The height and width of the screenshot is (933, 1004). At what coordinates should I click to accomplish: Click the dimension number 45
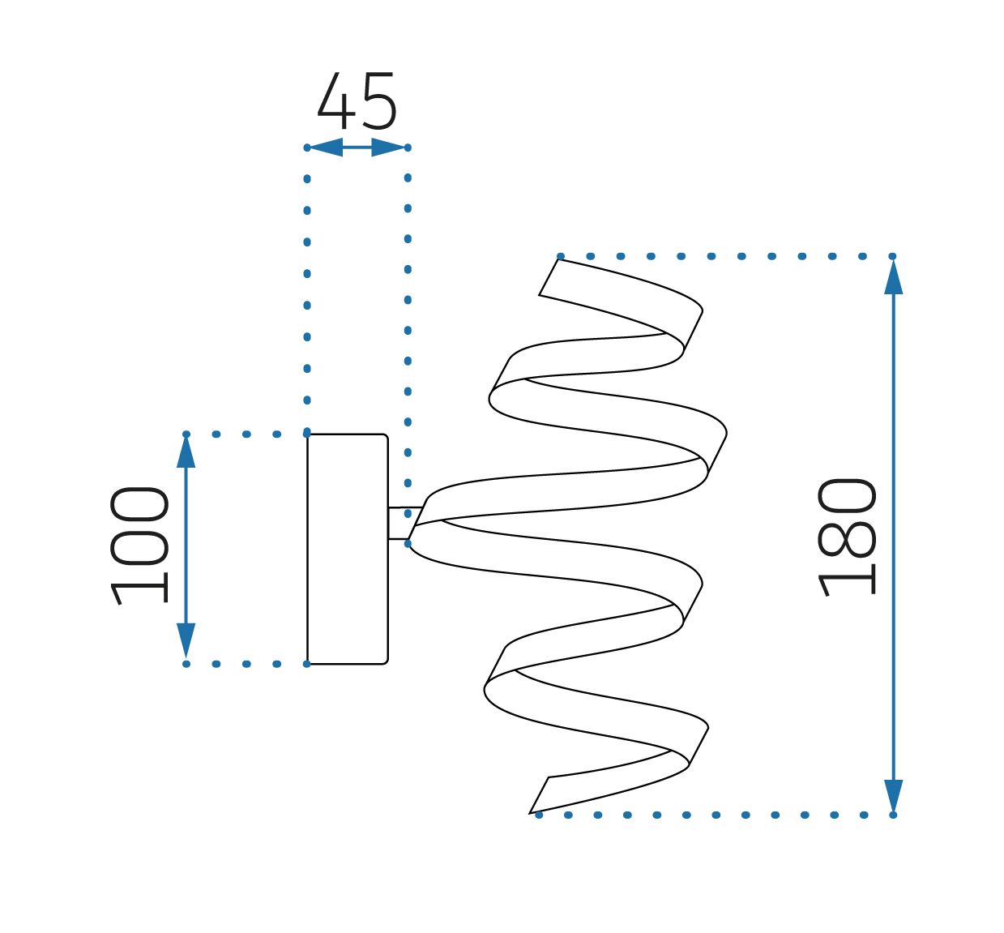pos(357,101)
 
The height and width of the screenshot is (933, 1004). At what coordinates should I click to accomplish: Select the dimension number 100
pos(139,546)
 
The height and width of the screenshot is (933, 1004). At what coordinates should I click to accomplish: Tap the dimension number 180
pos(846,537)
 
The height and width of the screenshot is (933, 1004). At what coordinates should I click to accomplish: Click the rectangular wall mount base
pos(348,549)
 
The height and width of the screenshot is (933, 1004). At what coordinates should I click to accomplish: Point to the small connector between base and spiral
pos(405,523)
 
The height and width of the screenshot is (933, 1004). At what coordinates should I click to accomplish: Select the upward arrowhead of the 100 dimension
pos(186,451)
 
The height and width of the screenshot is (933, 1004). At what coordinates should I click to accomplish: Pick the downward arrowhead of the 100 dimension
pos(186,640)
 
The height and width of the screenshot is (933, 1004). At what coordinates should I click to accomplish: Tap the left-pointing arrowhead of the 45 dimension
pos(326,148)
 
